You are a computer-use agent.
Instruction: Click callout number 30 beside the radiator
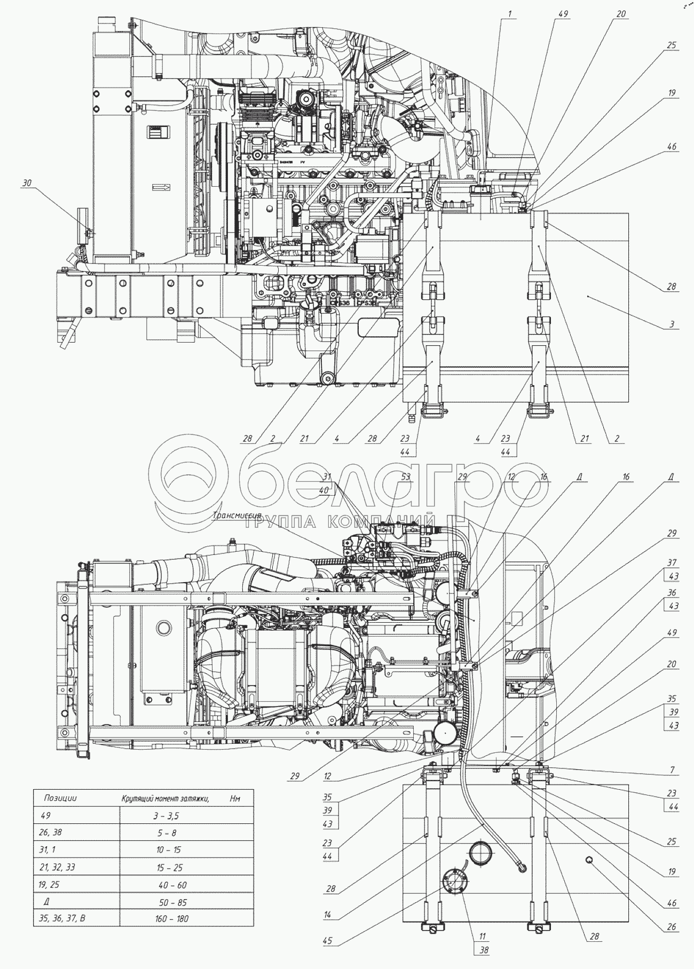(27, 183)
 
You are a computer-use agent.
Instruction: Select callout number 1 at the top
(510, 14)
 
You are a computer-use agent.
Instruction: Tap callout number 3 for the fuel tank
(672, 324)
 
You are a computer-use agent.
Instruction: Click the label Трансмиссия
(236, 515)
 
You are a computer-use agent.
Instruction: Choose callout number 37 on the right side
(672, 562)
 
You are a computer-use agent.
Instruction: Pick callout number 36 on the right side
(672, 592)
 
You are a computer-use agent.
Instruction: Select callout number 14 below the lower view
(327, 915)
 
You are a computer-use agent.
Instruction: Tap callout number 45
(327, 941)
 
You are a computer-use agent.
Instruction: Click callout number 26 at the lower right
(672, 927)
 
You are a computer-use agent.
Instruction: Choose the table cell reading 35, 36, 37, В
(63, 918)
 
